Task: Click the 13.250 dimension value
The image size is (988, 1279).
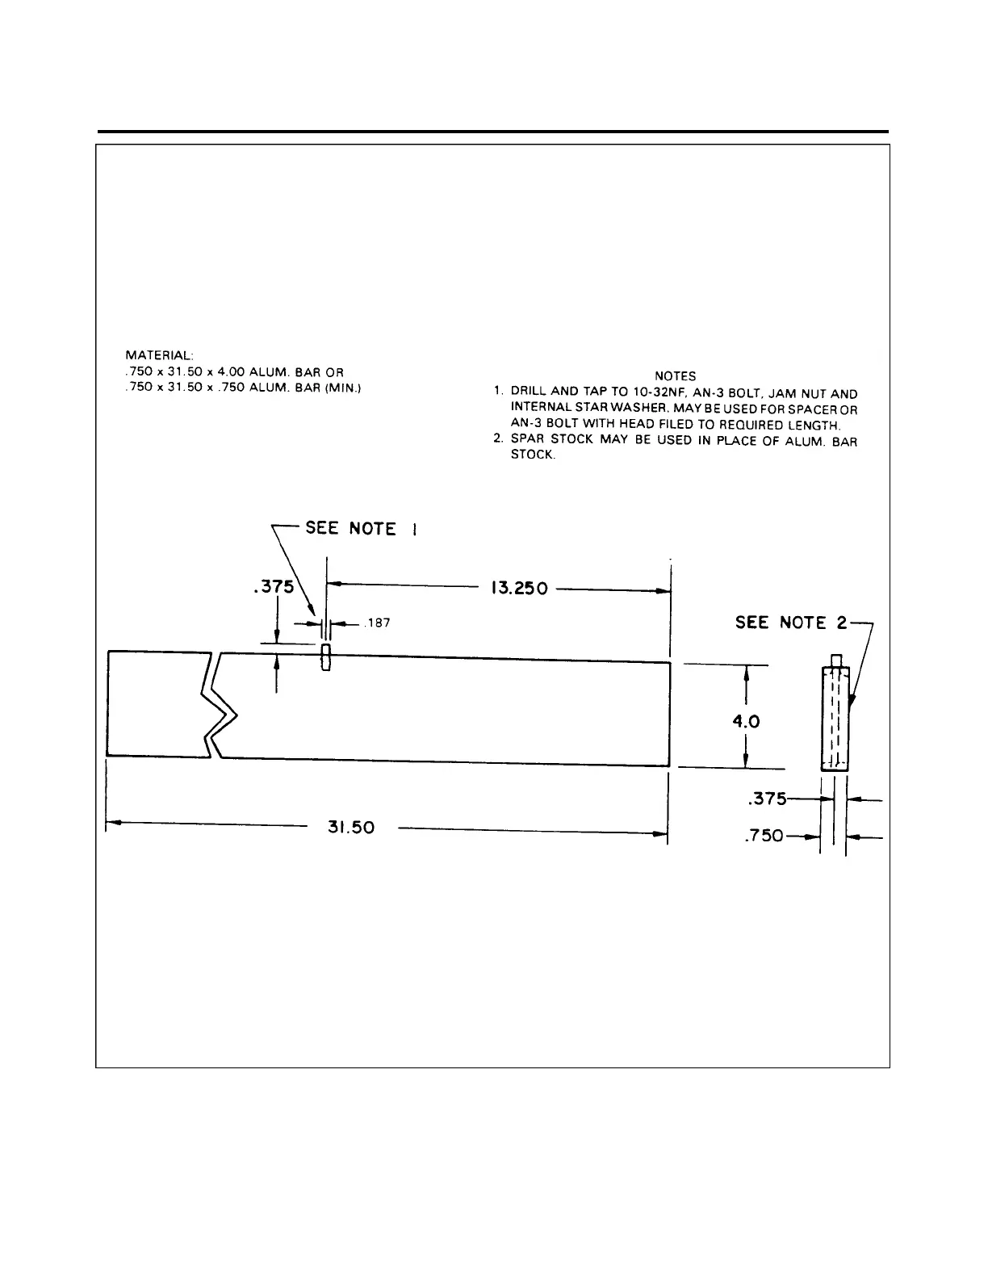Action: coord(519,589)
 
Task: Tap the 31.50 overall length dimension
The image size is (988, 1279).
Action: coord(351,827)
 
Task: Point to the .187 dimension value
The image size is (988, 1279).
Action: coord(378,623)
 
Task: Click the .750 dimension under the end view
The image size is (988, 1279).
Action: coord(764,836)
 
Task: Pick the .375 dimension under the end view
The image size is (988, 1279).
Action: coord(764,799)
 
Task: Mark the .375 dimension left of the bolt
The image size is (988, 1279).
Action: coord(274,587)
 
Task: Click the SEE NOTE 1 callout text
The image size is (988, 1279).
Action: coord(361,529)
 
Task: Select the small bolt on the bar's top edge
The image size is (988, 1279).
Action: coord(326,656)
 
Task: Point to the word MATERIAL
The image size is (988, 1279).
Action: coord(159,355)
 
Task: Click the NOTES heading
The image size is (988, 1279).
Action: coord(675,376)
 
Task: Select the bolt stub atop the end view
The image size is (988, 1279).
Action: coord(836,660)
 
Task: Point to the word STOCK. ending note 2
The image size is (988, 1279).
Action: coord(533,455)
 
